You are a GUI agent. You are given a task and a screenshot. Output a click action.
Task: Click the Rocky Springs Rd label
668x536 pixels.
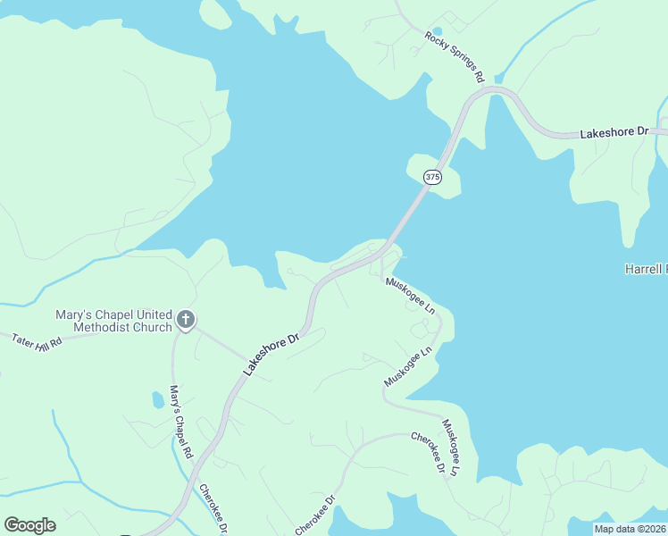(455, 54)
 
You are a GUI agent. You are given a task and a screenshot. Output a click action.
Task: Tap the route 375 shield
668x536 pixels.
(432, 177)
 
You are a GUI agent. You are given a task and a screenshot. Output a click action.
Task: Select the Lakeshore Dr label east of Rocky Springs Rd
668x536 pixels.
(614, 132)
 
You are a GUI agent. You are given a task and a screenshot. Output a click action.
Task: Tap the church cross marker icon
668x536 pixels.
(186, 319)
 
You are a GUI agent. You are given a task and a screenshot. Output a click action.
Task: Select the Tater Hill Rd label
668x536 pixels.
(36, 340)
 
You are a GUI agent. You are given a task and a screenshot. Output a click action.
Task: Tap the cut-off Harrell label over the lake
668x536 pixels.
(645, 269)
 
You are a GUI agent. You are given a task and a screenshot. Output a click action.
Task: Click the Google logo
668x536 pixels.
(29, 525)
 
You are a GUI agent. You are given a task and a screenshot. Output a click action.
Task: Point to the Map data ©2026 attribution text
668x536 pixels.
(630, 529)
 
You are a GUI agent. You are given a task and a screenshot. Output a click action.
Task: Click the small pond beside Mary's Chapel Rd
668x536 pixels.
(158, 399)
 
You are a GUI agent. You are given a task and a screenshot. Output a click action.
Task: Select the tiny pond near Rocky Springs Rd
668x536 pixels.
(437, 31)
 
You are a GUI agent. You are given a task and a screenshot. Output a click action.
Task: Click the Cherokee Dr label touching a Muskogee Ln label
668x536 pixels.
(428, 454)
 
